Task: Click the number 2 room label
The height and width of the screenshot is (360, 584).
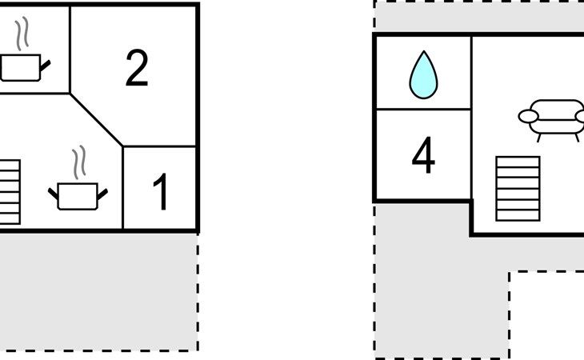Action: tap(137, 68)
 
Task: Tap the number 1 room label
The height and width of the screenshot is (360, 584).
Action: tap(161, 192)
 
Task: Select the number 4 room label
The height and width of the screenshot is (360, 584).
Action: tap(423, 155)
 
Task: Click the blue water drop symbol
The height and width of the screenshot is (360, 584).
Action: tap(423, 75)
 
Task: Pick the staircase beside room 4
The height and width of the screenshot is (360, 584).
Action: tap(518, 189)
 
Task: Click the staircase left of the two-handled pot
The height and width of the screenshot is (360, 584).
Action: tap(10, 192)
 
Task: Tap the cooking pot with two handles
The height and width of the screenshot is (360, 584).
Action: tap(78, 196)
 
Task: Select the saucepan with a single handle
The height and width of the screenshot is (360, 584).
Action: tap(25, 68)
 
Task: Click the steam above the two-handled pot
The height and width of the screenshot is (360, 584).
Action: tap(79, 162)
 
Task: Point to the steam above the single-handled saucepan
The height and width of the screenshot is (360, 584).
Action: tap(22, 34)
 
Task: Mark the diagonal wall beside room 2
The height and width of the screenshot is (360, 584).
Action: tap(96, 120)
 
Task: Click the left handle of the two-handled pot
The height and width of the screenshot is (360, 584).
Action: tap(53, 194)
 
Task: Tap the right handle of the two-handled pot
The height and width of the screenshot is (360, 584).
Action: tap(102, 194)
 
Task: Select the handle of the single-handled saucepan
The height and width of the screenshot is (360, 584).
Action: tap(46, 66)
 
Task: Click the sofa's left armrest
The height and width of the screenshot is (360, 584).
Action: tap(528, 116)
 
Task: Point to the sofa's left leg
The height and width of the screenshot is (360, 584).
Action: tap(538, 138)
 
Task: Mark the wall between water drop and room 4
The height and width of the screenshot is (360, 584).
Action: tap(423, 109)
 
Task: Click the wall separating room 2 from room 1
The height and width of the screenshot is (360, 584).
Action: tap(159, 146)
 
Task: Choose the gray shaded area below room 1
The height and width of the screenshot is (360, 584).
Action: tap(98, 291)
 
